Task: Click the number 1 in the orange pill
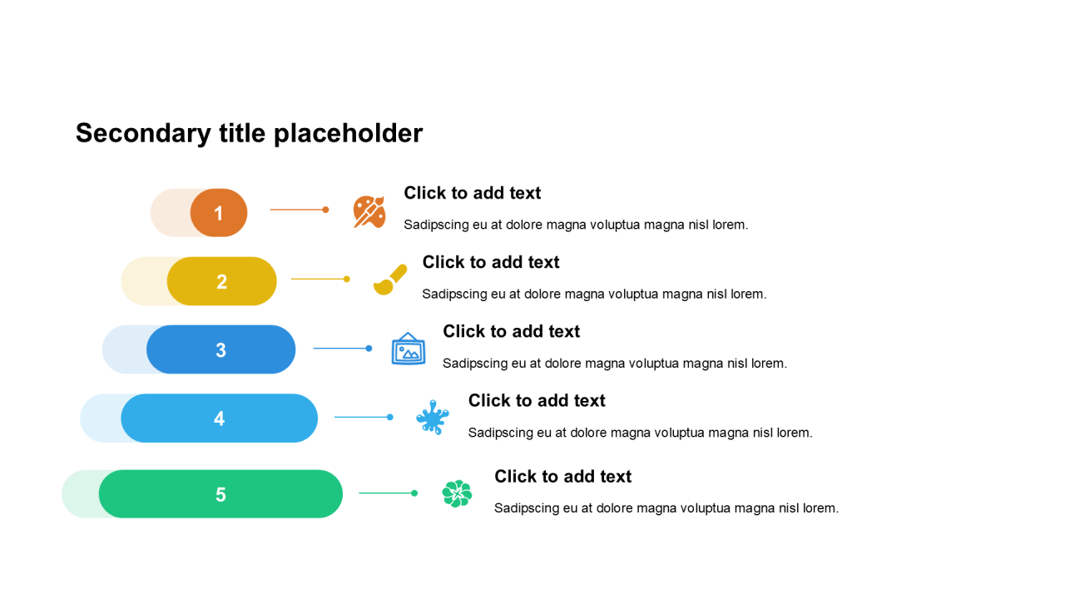click(x=218, y=214)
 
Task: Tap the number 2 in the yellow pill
click(x=221, y=282)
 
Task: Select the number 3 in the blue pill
click(x=220, y=350)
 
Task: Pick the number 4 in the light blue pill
click(x=219, y=418)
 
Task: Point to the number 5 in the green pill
click(x=220, y=495)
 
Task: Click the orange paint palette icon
click(x=369, y=211)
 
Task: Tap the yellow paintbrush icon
click(x=390, y=280)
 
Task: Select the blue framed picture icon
click(x=409, y=349)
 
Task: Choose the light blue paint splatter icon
click(x=432, y=418)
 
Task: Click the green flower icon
click(x=457, y=493)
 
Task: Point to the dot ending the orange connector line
click(x=325, y=210)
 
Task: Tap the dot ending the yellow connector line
click(x=347, y=279)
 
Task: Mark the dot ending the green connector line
click(x=414, y=493)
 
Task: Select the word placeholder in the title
click(x=348, y=134)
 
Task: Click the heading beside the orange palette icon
click(x=472, y=193)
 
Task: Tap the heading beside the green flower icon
click(x=563, y=477)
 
